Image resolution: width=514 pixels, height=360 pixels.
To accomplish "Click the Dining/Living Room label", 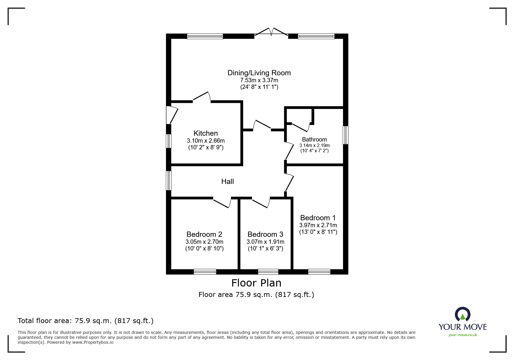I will tap(259, 73).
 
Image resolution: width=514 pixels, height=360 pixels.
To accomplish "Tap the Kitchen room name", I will tap(205, 133).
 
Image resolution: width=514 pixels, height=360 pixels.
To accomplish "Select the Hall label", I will tap(228, 182).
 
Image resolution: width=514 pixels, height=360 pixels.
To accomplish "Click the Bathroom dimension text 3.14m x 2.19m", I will tap(314, 145).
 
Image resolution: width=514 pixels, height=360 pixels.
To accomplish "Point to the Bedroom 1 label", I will tap(318, 218).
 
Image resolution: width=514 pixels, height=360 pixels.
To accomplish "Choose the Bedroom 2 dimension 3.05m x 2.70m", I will tap(204, 242).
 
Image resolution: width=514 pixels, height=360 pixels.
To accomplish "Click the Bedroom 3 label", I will tap(265, 234).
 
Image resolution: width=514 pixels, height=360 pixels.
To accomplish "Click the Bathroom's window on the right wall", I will tap(345, 135).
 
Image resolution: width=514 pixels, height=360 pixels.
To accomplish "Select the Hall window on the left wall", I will tap(169, 180).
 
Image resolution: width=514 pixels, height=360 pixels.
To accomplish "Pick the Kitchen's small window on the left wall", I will tap(169, 141).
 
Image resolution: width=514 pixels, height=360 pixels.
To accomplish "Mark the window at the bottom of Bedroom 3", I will tap(268, 272).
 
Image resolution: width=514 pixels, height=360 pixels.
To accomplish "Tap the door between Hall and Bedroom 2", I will tap(222, 202).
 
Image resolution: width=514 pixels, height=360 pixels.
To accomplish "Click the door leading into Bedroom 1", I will tap(289, 182).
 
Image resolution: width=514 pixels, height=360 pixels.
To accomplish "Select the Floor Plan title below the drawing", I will tap(256, 283).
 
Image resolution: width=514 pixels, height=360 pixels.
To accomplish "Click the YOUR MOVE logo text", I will tap(463, 327).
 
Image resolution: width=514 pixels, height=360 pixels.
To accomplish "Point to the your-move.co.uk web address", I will tap(463, 335).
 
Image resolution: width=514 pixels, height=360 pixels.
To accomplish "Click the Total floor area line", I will tap(86, 321).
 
